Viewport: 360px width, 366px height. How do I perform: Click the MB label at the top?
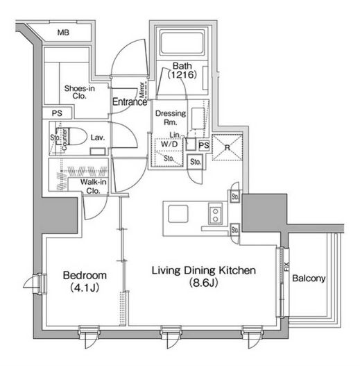tap(63, 33)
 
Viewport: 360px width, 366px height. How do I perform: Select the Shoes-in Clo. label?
tap(79, 92)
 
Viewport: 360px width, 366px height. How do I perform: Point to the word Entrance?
tap(130, 102)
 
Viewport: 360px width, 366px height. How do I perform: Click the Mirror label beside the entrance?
tap(142, 90)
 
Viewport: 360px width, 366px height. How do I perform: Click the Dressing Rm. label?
tap(171, 117)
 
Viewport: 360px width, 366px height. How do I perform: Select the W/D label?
tap(169, 144)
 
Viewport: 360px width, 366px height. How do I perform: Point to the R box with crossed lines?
tap(228, 147)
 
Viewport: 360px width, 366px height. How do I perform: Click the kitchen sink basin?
tap(178, 214)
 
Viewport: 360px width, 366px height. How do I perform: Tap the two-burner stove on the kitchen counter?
tap(215, 214)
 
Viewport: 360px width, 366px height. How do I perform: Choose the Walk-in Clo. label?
tap(93, 186)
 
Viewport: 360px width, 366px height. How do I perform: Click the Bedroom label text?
tap(85, 276)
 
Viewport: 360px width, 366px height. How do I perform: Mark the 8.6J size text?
tap(203, 283)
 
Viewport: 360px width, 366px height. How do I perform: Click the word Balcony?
tap(309, 278)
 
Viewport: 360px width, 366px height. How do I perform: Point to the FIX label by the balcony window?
tap(286, 267)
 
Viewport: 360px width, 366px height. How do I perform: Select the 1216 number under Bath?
tap(182, 75)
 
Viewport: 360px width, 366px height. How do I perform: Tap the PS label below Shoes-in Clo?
tap(57, 113)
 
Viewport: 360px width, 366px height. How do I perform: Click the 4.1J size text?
tap(85, 288)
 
